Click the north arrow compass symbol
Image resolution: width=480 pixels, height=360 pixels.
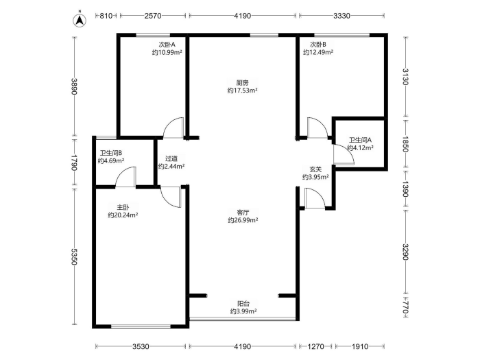click(80, 20)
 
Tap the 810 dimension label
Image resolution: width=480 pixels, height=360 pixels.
click(106, 16)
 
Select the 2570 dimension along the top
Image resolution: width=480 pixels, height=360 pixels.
click(153, 16)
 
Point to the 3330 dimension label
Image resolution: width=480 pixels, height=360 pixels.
click(341, 16)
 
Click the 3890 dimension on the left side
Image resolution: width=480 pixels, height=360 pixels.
click(74, 86)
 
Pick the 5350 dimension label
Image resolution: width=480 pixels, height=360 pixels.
click(74, 256)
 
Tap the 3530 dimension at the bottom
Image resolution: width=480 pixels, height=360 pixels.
click(141, 346)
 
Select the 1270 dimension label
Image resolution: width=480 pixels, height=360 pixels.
click(315, 346)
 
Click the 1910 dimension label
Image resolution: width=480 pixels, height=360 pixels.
click(360, 346)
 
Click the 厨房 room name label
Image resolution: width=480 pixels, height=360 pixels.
click(243, 83)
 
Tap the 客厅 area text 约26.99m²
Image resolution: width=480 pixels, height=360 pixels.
click(243, 220)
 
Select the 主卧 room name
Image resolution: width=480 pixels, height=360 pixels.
click(123, 207)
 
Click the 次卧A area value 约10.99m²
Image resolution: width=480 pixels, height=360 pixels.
click(167, 52)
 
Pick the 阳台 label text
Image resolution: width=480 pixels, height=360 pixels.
click(243, 304)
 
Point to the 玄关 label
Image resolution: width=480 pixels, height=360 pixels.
click(315, 169)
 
